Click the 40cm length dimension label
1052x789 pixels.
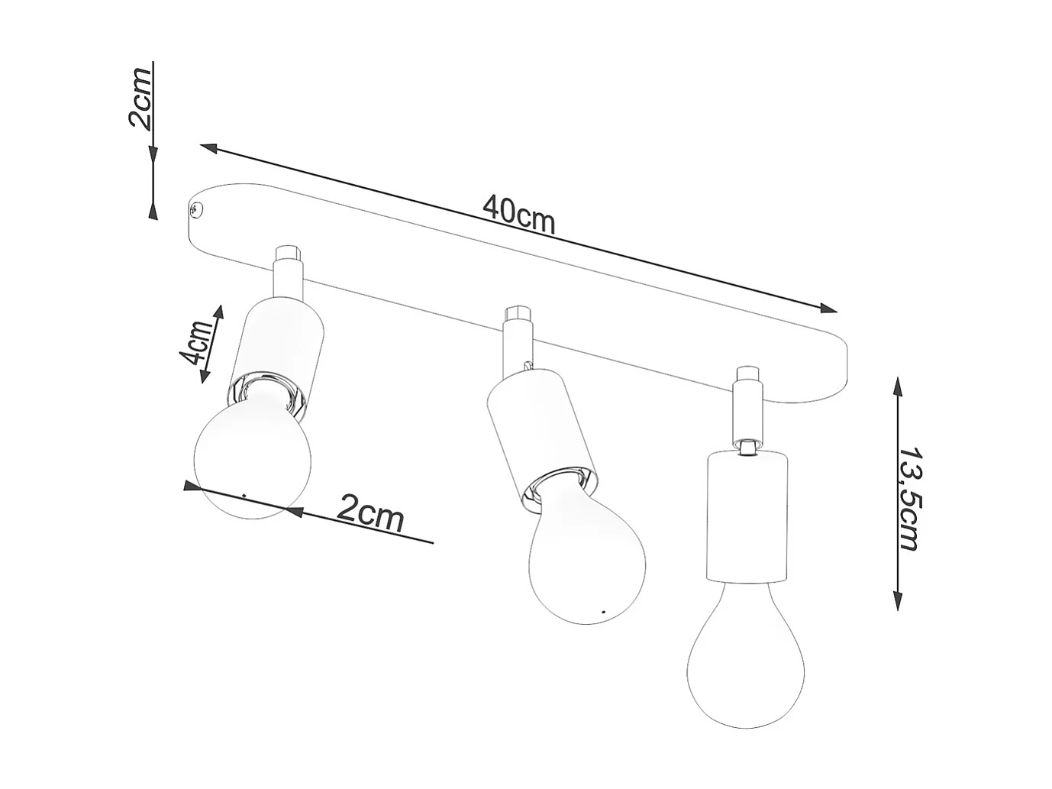[519, 213]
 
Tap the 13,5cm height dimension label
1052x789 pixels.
[908, 497]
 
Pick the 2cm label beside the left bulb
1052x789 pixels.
[370, 513]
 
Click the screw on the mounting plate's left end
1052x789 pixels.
[195, 208]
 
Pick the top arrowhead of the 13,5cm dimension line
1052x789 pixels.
[899, 383]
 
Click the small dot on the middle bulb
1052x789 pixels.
[603, 612]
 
